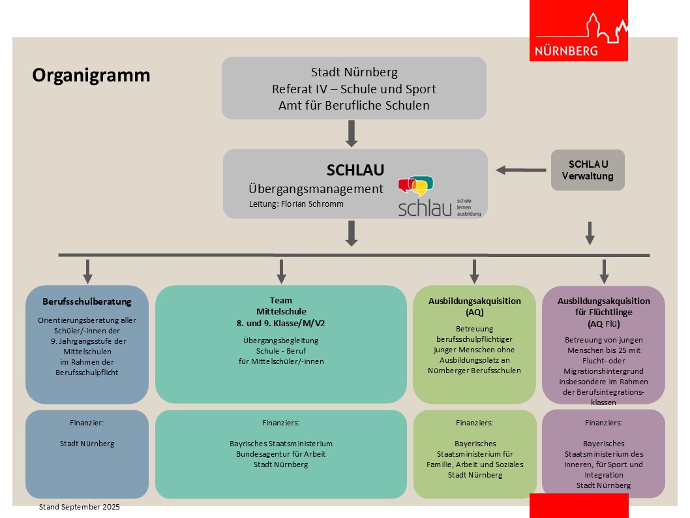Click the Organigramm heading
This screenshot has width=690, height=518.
point(91,76)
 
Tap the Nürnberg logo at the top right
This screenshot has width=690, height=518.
point(578,31)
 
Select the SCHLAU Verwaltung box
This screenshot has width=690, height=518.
point(588,170)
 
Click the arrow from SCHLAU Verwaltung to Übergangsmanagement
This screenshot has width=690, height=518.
point(520,170)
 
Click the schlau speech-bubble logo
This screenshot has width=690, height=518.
point(417,186)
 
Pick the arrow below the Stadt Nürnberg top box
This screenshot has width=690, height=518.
point(352,134)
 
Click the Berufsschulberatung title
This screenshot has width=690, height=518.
point(87,301)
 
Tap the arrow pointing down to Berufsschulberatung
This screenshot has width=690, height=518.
point(88,271)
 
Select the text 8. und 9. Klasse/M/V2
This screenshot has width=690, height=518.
point(281,323)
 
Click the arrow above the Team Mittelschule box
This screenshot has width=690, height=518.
point(282,271)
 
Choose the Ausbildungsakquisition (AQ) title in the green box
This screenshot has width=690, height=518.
point(474,307)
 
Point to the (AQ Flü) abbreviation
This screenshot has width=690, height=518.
point(604,324)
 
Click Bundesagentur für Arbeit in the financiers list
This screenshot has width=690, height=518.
point(281,454)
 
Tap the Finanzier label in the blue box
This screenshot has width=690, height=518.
point(87,423)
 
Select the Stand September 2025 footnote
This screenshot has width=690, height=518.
point(80,507)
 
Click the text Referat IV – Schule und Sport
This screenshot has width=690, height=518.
point(354,89)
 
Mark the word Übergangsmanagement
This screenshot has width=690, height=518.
point(316,189)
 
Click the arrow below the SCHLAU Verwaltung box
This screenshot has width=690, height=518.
point(590,233)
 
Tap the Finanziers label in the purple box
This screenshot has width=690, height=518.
point(603,423)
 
